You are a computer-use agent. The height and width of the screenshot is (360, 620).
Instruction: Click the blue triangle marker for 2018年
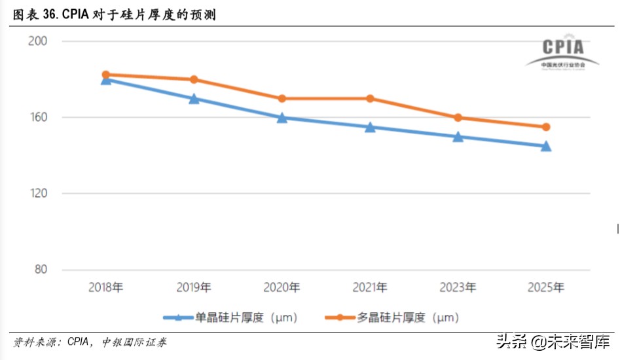pos(106,79)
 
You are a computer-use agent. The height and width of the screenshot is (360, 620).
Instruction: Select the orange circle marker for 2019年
pos(194,79)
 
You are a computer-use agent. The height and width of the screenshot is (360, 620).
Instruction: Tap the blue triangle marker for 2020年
pos(282,118)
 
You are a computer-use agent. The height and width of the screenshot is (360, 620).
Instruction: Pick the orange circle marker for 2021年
pos(370,98)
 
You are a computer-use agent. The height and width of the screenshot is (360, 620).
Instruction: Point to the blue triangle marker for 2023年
pos(458,137)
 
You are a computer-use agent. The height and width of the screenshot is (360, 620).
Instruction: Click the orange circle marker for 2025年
pos(545,127)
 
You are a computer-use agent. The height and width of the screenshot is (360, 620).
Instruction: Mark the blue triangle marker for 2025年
pos(545,147)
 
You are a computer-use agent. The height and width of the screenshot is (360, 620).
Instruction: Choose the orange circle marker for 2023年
pos(458,118)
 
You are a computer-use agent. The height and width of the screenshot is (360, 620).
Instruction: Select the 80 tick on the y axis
pos(41,270)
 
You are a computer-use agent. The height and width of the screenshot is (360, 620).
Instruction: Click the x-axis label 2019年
pos(194,287)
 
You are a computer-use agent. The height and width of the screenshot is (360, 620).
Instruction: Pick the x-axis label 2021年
pos(370,287)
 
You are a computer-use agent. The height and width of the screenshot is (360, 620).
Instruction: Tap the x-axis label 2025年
pos(545,287)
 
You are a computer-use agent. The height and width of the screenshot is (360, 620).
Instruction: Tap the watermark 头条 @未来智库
pos(553,342)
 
